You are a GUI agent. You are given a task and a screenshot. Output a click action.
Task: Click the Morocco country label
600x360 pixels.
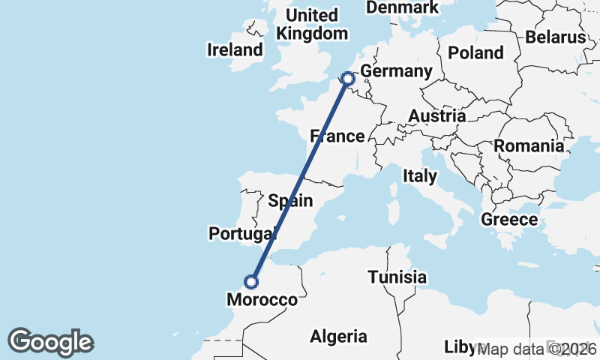tap(262, 300)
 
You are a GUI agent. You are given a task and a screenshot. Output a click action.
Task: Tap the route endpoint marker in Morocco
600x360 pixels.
tap(251, 282)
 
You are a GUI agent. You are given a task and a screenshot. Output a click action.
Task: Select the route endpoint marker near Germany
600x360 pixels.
tap(347, 78)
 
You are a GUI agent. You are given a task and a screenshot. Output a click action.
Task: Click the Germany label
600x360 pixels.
tap(396, 72)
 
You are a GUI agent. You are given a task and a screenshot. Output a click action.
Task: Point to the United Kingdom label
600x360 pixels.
tap(312, 25)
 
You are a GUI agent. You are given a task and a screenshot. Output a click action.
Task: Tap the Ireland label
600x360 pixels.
tap(235, 50)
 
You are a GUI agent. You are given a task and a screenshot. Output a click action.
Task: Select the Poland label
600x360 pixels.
tap(475, 52)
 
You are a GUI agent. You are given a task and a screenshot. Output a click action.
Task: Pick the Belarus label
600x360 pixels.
tap(555, 37)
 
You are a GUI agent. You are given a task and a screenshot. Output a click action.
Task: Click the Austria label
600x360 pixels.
tap(436, 116)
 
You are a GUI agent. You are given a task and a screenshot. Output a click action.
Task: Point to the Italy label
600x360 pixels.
tap(419, 176)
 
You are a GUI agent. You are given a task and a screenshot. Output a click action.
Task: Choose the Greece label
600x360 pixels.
tap(509, 220)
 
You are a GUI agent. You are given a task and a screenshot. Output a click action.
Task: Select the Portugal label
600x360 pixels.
tap(242, 234)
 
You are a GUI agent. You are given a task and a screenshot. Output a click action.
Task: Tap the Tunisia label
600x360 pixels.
tap(397, 277)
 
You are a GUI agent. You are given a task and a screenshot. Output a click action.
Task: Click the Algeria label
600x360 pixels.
tap(339, 336)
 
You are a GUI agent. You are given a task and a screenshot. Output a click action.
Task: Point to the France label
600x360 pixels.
tap(337, 136)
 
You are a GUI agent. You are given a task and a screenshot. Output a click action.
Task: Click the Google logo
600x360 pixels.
tap(50, 342)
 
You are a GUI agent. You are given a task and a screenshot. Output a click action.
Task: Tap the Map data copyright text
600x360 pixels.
tap(537, 349)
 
